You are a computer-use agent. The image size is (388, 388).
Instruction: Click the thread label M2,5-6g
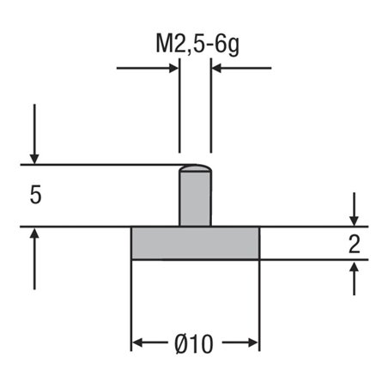coord(197,42)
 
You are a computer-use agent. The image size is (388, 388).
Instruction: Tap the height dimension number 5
coord(35,196)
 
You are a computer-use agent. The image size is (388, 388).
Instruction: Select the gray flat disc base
coord(195,244)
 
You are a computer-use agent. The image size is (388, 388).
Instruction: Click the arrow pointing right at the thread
coord(173,68)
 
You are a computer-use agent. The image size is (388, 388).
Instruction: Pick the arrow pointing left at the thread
coord(216,68)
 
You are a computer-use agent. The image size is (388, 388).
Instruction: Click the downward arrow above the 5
coord(35,157)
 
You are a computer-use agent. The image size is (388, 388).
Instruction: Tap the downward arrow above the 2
coord(353,220)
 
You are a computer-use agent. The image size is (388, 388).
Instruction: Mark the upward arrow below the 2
coord(353,267)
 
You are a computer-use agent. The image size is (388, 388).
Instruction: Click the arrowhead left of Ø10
coord(137,344)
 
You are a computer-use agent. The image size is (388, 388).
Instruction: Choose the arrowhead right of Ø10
coord(253,344)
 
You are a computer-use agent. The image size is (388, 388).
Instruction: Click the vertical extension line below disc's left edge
coord(131,300)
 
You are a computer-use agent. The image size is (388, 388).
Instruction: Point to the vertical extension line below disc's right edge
coord(259,300)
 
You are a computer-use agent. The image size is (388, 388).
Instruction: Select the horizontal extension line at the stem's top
coord(103,164)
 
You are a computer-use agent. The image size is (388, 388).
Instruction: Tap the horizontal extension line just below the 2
coord(318,260)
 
